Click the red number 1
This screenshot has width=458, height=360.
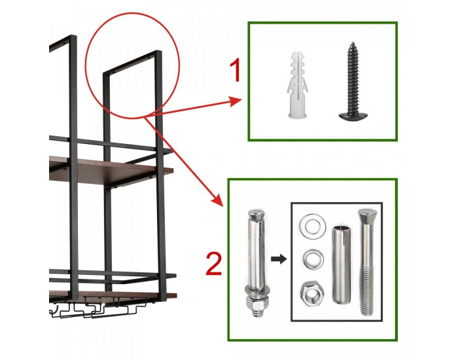(236, 70)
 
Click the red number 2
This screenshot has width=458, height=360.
(214, 264)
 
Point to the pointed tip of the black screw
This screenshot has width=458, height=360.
(352, 43)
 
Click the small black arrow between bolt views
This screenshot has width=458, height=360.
(279, 259)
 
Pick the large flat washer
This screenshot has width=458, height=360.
(313, 225)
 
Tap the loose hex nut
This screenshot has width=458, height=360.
(312, 293)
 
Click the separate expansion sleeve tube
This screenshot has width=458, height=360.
(342, 265)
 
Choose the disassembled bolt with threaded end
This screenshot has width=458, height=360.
(367, 262)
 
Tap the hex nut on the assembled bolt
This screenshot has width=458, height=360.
(256, 306)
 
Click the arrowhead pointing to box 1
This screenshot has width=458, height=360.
(236, 101)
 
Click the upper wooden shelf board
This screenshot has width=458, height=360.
(111, 170)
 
